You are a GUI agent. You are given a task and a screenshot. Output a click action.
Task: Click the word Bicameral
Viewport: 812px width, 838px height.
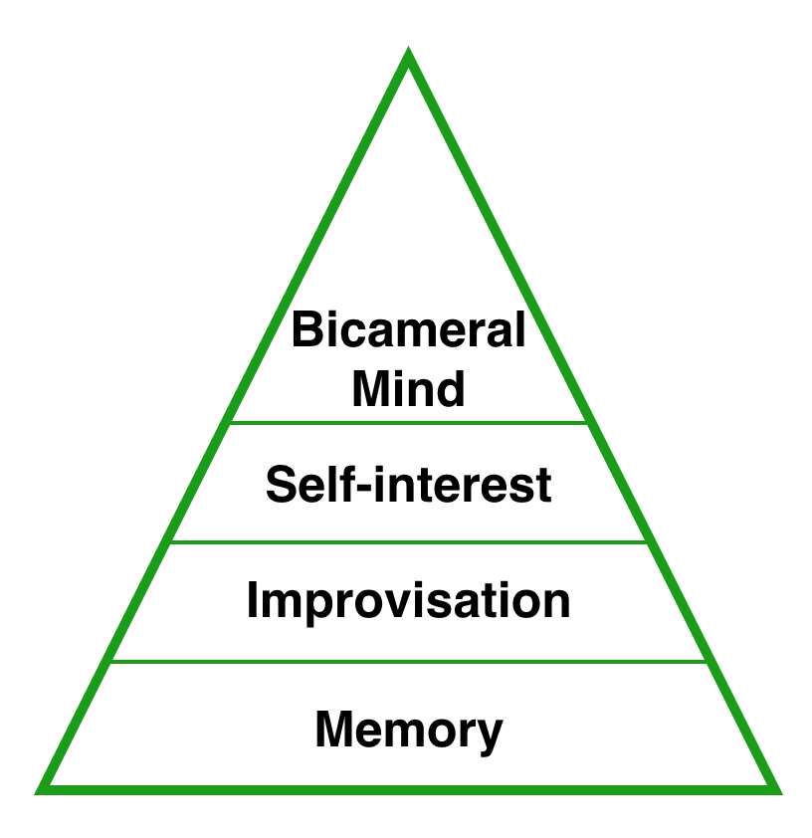coord(408,329)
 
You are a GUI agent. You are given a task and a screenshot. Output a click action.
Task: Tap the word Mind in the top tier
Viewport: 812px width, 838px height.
coord(408,388)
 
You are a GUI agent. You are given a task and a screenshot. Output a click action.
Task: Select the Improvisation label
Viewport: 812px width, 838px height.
coord(408,600)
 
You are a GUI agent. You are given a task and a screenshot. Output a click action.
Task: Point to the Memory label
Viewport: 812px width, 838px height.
coord(408,730)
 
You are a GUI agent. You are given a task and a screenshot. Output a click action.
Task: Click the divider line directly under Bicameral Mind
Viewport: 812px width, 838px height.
coord(408,423)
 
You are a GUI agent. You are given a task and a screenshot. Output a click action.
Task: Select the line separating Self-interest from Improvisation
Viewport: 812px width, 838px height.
coord(408,542)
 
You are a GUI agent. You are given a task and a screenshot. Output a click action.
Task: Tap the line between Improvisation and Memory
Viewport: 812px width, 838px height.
coord(408,661)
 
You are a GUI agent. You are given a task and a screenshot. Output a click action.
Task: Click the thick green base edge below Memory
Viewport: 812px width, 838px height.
coord(408,790)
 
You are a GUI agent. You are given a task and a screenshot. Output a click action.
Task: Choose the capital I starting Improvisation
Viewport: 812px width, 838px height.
coord(253,600)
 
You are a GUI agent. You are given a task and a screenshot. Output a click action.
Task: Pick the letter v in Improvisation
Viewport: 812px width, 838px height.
coord(403,602)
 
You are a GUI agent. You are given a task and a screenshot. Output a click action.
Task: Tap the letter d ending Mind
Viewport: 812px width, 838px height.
coord(452,388)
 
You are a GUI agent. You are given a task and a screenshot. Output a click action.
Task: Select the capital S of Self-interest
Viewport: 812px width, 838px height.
coord(281,485)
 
